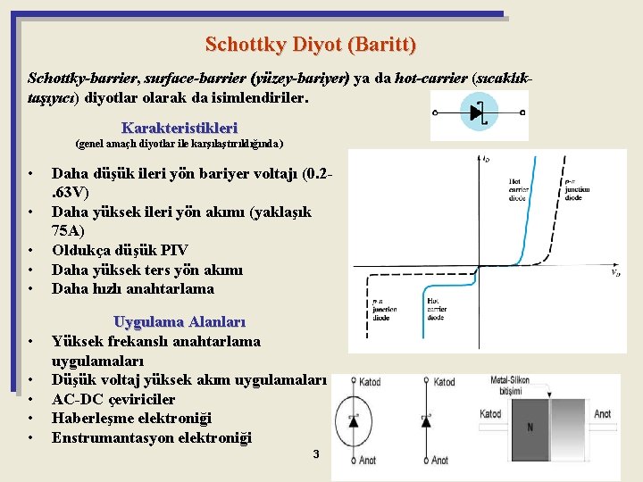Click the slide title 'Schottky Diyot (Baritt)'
[310, 44]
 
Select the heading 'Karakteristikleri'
[180, 128]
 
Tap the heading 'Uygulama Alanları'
[179, 321]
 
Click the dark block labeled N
[530, 427]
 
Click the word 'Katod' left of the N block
[490, 414]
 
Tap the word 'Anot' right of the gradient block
[603, 414]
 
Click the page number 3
[315, 454]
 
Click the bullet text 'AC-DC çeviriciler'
[113, 399]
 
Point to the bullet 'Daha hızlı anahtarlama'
[132, 288]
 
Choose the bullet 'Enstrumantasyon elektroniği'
[151, 437]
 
